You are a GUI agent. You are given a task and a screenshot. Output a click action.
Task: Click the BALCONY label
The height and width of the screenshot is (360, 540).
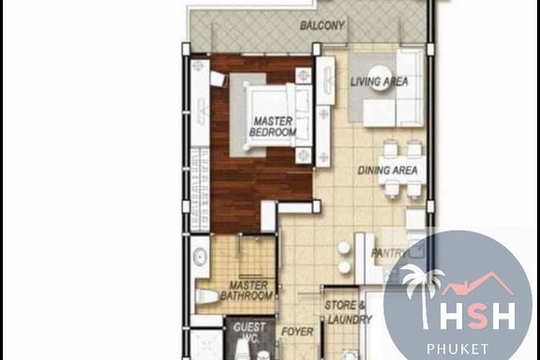tap(322, 25)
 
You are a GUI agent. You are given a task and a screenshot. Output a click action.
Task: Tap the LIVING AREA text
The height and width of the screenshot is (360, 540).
tap(379, 82)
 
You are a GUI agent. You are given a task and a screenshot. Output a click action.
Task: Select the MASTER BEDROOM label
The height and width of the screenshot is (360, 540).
tap(273, 127)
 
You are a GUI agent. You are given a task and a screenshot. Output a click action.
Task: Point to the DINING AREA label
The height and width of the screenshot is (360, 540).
tap(387, 171)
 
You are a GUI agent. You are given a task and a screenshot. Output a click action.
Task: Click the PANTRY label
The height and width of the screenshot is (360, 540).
tap(388, 253)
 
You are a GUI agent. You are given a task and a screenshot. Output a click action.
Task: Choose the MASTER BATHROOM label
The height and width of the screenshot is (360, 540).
tap(247, 291)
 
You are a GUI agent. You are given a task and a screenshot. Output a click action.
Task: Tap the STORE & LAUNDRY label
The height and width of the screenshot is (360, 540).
tap(348, 312)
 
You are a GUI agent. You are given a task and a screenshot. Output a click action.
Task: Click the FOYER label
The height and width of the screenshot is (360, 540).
tap(297, 332)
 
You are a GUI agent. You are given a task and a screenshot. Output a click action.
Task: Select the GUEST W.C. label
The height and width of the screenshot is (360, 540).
tap(249, 332)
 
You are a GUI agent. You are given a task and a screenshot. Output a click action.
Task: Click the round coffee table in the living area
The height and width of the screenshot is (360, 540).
tap(380, 78)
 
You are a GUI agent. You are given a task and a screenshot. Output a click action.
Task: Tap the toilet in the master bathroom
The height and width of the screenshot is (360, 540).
tap(206, 296)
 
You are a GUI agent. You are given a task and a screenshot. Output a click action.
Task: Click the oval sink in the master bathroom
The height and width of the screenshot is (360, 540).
tap(199, 257)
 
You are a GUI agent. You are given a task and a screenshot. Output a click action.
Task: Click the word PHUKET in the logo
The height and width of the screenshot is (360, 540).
tap(457, 349)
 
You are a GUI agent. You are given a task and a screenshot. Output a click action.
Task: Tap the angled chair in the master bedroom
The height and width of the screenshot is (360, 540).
tap(218, 79)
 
